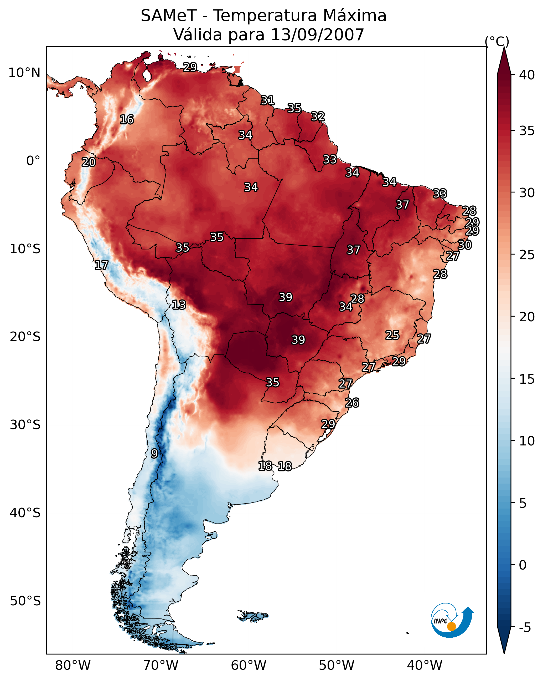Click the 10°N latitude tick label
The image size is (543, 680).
click(x=24, y=73)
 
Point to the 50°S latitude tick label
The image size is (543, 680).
click(x=25, y=601)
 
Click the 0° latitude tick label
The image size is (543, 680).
click(x=33, y=161)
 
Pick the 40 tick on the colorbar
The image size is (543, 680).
click(x=527, y=75)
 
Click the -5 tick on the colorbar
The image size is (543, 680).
click(x=525, y=628)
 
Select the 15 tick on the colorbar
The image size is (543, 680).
click(x=527, y=379)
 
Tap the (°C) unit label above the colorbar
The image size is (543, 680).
click(x=497, y=41)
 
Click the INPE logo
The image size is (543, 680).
click(x=452, y=621)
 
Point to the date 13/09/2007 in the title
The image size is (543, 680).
click(x=317, y=34)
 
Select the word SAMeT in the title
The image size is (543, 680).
click(x=169, y=16)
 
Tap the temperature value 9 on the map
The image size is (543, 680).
click(x=154, y=454)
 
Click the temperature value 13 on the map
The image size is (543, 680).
click(x=179, y=305)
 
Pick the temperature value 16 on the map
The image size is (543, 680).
click(x=127, y=120)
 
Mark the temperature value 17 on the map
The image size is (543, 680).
click(x=101, y=265)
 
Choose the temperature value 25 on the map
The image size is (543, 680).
click(x=392, y=335)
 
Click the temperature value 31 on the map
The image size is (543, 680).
click(x=268, y=100)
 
